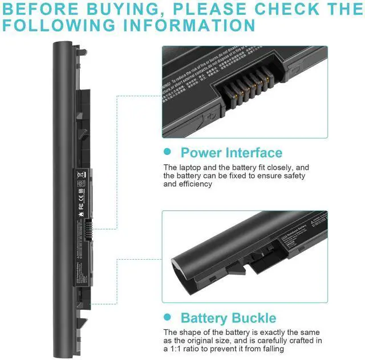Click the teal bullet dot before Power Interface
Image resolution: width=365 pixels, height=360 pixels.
click(167, 152)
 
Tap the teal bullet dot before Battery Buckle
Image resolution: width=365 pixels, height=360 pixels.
click(167, 317)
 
